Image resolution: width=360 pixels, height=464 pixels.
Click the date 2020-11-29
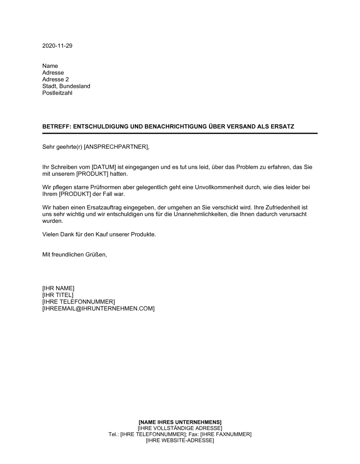(x=57, y=46)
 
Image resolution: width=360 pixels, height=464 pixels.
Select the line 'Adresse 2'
(x=55, y=79)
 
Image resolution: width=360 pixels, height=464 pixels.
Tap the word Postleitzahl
(x=57, y=93)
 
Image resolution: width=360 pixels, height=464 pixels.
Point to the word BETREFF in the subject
(x=56, y=127)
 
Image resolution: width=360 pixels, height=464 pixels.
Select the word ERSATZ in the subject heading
(x=282, y=127)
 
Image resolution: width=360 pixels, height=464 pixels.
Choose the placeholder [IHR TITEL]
(x=58, y=295)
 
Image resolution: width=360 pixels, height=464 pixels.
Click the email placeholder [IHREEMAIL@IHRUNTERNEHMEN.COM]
(x=98, y=309)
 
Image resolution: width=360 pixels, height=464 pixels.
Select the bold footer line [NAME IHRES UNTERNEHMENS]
(x=180, y=422)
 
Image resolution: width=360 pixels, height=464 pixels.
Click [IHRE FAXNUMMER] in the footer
(x=226, y=434)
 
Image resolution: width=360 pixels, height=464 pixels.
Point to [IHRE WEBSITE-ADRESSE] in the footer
(x=180, y=440)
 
